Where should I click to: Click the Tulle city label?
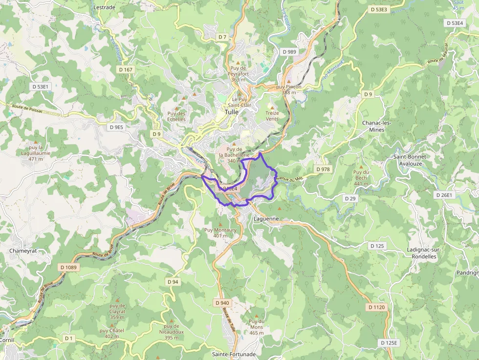(231, 111)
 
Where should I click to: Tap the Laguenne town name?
(266, 219)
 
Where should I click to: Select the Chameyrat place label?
(23, 251)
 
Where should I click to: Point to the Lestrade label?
(104, 7)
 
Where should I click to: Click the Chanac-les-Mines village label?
(377, 126)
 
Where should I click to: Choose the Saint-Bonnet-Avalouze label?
(411, 160)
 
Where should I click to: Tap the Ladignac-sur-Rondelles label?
(421, 253)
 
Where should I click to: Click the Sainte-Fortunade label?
(234, 354)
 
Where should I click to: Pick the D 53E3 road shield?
(379, 9)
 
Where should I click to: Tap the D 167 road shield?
(126, 70)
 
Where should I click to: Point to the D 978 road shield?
(323, 169)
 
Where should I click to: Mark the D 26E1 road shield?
(445, 195)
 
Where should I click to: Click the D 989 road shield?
(289, 51)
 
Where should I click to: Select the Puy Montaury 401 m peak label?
(220, 233)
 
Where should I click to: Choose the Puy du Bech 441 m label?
(361, 177)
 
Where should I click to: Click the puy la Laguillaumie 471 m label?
(40, 152)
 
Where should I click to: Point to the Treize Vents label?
(272, 115)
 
